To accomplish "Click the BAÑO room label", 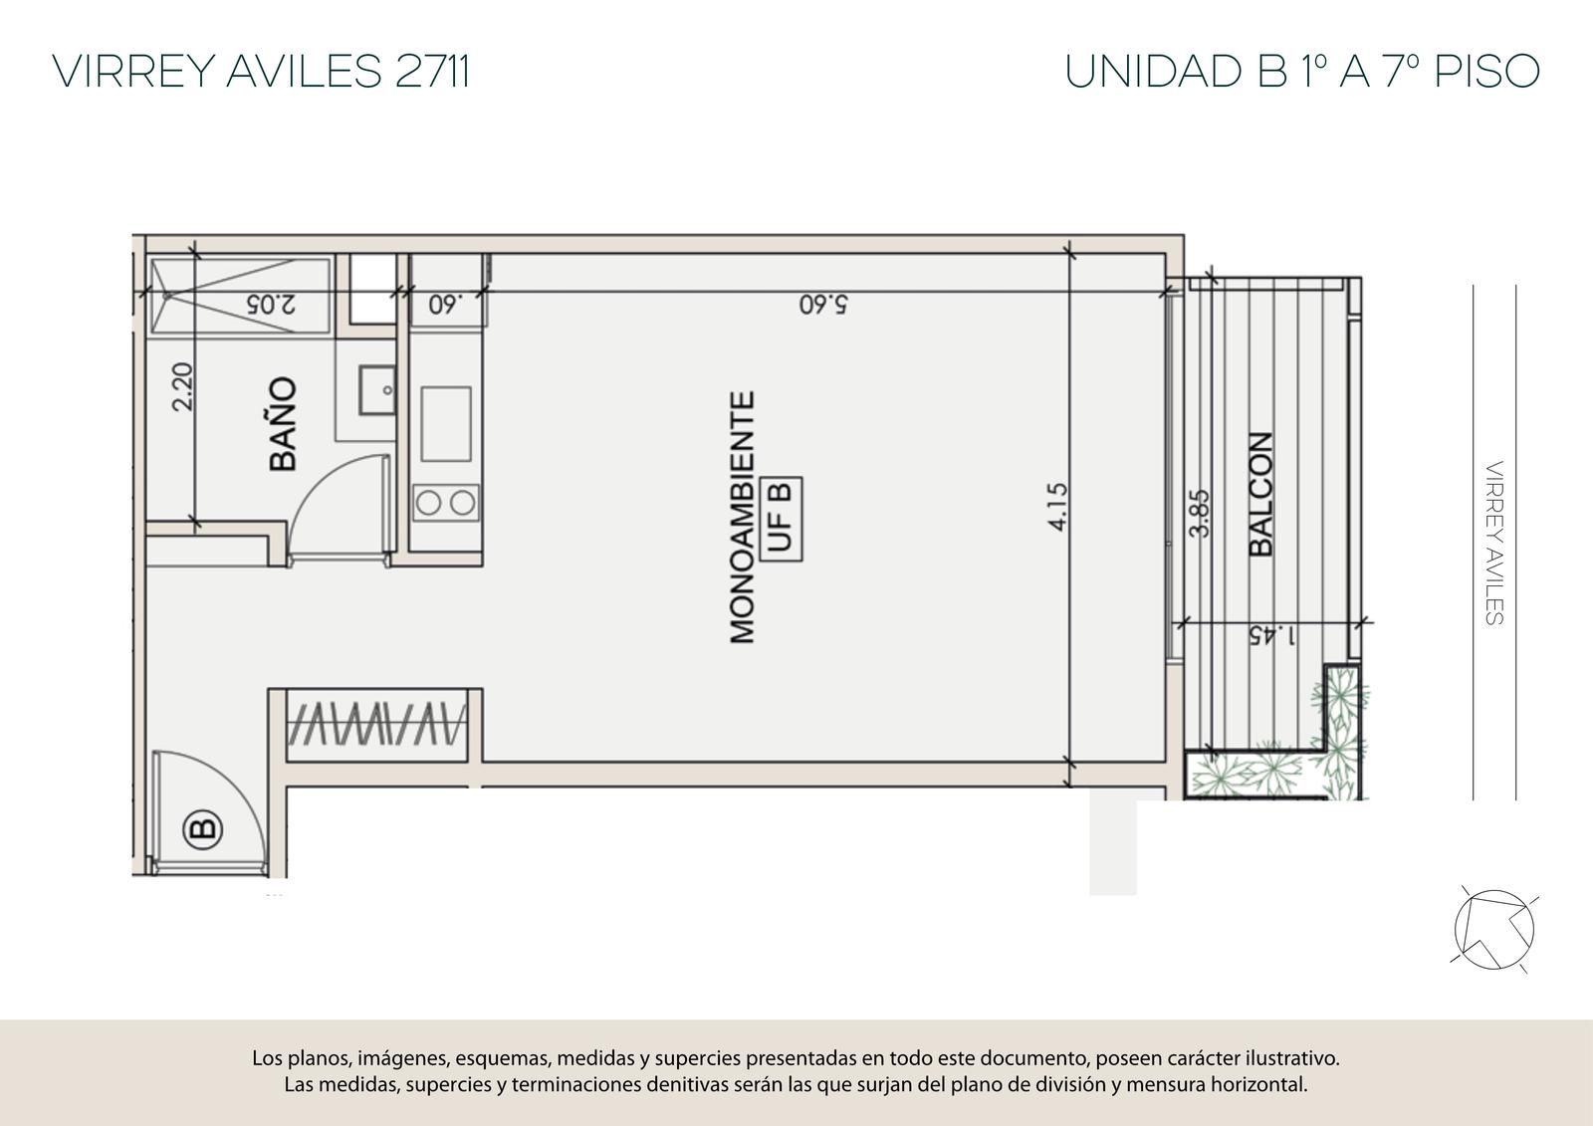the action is tap(283, 424).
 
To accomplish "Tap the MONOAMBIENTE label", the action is tap(742, 517).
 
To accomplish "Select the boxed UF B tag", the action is tap(781, 519).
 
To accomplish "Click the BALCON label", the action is tap(1260, 494).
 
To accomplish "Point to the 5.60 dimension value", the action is tap(823, 305).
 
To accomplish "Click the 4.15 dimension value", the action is tap(1058, 507).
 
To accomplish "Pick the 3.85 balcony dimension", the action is tap(1199, 513).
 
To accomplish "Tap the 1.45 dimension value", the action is tap(1272, 635).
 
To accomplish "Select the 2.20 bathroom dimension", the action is tap(183, 386).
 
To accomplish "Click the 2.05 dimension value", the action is tap(271, 305).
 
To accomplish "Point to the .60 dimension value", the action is tap(445, 305).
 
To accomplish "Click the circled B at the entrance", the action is tap(203, 828).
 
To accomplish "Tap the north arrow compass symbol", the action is tap(1494, 931).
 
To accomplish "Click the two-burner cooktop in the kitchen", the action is tap(446, 502).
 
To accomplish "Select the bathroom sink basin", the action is tap(377, 390).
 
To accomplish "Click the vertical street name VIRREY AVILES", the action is tap(1494, 543).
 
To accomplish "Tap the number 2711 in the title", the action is tap(432, 71).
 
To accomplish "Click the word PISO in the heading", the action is tap(1487, 71).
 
